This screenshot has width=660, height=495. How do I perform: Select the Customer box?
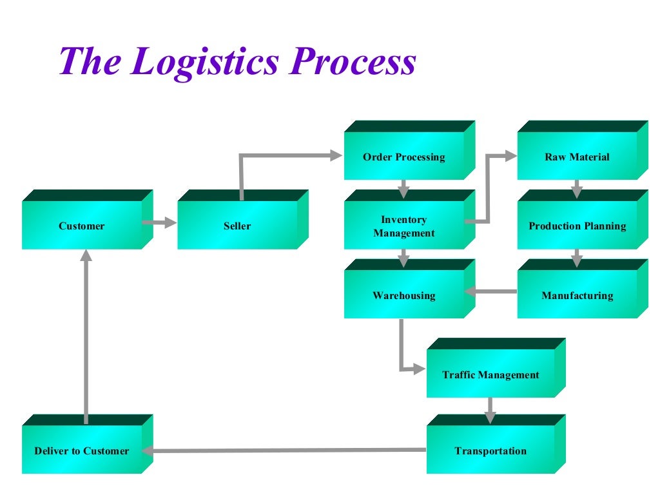coord(82,226)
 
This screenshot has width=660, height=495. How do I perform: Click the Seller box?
coord(237,226)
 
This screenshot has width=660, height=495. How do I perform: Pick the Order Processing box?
coord(404,157)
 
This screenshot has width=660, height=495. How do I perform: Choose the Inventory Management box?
coord(404,226)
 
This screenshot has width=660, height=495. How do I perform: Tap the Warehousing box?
coord(404,296)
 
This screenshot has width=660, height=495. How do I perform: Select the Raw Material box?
coord(577,157)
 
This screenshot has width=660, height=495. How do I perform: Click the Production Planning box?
coord(577,226)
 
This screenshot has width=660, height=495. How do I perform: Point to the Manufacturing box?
coord(577,296)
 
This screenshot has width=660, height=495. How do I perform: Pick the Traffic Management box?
coord(490,374)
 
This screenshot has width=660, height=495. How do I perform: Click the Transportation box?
coord(490,451)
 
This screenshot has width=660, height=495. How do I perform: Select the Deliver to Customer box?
coord(82,451)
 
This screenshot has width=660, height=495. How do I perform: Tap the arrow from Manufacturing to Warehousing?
coord(490,291)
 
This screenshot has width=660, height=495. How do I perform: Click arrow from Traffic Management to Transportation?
coord(490,409)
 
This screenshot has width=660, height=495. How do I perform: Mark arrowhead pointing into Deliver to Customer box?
coord(147,451)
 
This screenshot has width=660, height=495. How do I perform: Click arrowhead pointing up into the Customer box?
coord(86,256)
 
